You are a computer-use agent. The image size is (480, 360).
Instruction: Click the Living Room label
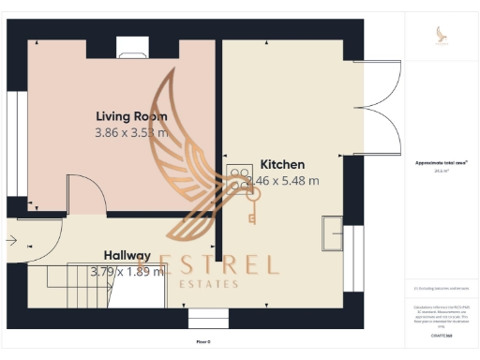coord(131,116)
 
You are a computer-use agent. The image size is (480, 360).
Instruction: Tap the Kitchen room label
coord(281,163)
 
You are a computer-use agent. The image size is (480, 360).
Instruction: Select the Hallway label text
coord(127,255)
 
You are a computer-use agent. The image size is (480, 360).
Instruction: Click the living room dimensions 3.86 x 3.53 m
coord(131,133)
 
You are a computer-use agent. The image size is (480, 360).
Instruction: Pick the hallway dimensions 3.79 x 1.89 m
coord(127,272)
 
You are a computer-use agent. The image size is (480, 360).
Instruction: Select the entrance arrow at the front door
coord(10,242)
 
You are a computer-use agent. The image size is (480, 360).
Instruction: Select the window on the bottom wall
coord(208,319)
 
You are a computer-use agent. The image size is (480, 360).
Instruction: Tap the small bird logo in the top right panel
coord(442,35)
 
